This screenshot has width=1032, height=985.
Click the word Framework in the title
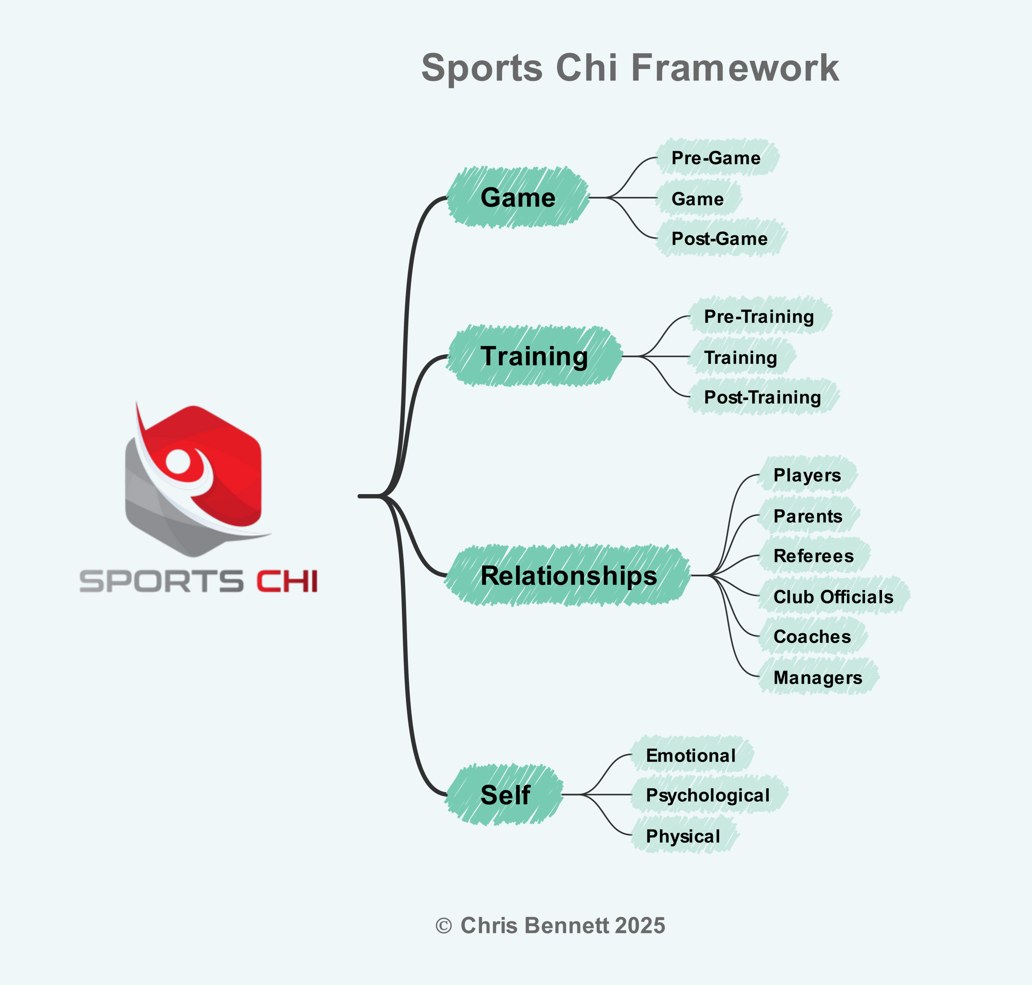pyautogui.click(x=735, y=68)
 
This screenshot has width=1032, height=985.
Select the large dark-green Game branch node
pyautogui.click(x=518, y=197)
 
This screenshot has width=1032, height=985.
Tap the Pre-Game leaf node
pyautogui.click(x=717, y=158)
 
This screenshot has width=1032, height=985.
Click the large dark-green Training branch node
pyautogui.click(x=535, y=356)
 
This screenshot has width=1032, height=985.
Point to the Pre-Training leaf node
pyautogui.click(x=759, y=316)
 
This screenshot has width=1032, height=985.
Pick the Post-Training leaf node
pyautogui.click(x=763, y=397)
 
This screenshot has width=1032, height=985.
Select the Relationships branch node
pyautogui.click(x=569, y=576)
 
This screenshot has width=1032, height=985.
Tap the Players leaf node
pyautogui.click(x=808, y=475)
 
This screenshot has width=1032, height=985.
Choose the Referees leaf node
pyautogui.click(x=814, y=555)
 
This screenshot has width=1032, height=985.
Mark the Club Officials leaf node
pyautogui.click(x=834, y=596)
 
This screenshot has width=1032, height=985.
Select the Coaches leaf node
pyautogui.click(x=812, y=636)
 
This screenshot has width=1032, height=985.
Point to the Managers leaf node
pyautogui.click(x=818, y=677)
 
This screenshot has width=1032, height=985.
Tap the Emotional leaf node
pyautogui.click(x=692, y=755)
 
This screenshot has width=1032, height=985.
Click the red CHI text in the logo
pyautogui.click(x=287, y=581)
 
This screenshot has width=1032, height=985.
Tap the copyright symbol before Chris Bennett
pyautogui.click(x=444, y=926)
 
